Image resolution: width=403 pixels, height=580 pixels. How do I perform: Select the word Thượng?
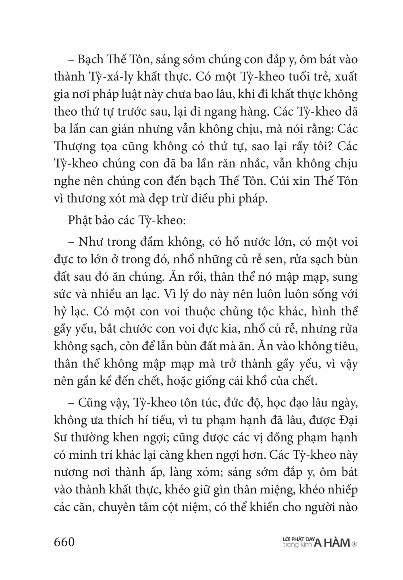[x=75, y=147]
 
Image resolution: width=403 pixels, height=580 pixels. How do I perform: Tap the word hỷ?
[x=60, y=312]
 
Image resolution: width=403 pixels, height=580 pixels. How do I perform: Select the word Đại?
[x=348, y=420]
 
